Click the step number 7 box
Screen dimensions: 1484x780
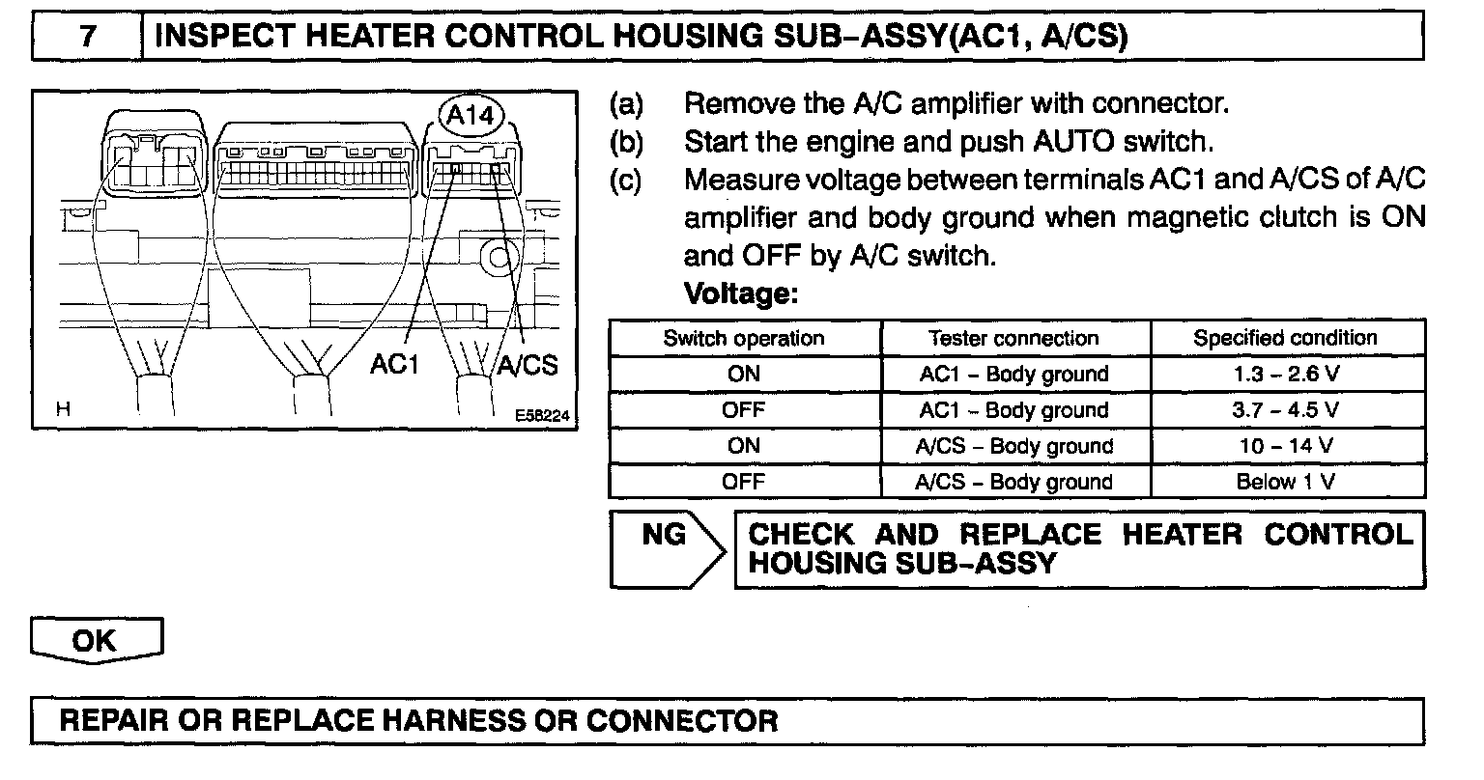[88, 38]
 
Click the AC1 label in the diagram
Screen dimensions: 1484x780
[396, 365]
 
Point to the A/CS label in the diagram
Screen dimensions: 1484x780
[528, 365]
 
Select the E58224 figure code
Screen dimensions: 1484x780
[542, 415]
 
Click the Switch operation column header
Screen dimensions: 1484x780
[744, 339]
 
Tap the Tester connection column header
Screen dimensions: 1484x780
[1014, 339]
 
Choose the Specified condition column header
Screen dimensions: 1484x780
[1286, 339]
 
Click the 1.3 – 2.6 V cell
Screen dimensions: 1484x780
[1286, 375]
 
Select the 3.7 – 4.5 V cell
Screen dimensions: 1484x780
[1286, 410]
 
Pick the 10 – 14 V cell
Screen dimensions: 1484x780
[1286, 446]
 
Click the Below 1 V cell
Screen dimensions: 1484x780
[1286, 482]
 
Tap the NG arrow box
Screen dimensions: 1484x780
[667, 547]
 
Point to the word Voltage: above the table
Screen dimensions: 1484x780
[740, 292]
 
